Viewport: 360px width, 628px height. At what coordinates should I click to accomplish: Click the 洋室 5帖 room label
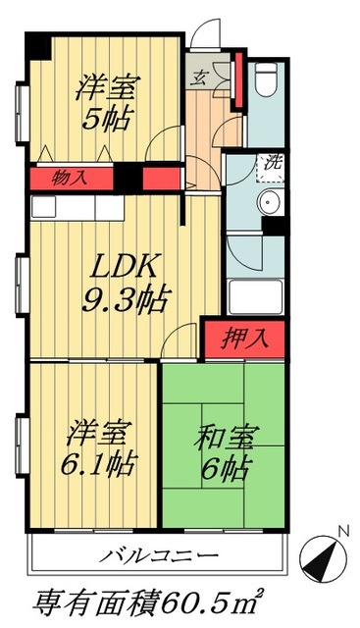(107, 103)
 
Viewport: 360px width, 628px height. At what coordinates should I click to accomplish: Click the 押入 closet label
(245, 340)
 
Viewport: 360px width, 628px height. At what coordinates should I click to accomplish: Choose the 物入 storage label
(69, 178)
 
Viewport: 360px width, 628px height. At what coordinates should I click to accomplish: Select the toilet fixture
(266, 79)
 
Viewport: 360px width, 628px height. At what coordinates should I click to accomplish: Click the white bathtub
(255, 296)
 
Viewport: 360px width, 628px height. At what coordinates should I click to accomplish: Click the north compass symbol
(323, 558)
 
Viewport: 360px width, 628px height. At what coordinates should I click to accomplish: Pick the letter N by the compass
(344, 532)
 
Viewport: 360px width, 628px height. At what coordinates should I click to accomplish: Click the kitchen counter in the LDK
(77, 207)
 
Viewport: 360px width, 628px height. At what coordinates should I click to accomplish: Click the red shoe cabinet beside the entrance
(239, 80)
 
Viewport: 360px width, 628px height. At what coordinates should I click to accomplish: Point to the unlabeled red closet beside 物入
(162, 179)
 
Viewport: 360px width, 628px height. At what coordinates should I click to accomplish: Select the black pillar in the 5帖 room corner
(37, 46)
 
